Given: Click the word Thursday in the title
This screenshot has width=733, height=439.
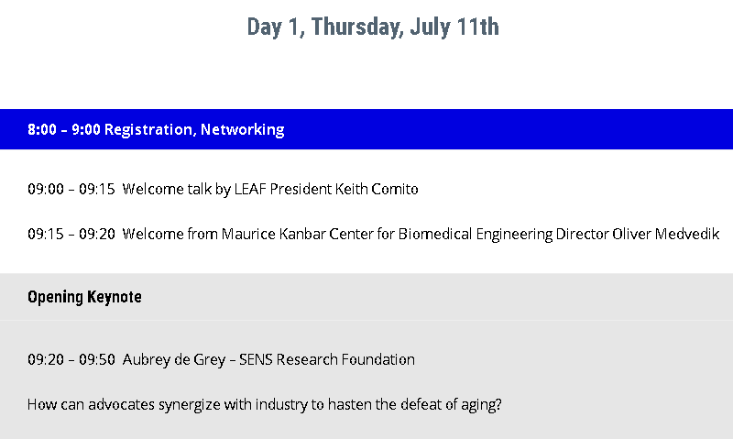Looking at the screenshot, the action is coord(357,27).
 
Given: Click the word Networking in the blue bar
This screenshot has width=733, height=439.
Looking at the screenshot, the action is coord(242,130).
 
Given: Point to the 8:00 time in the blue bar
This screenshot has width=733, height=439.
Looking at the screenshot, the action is coord(42,129).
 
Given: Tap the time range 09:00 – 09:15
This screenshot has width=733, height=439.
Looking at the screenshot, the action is coord(71,189).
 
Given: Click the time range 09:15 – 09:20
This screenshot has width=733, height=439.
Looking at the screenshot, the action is coord(71,234).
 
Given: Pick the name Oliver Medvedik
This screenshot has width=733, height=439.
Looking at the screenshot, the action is coord(666,234).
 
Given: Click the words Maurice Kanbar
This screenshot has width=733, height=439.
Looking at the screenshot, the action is coord(273,234).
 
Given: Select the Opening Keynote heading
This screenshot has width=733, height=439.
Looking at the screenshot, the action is coord(84,297).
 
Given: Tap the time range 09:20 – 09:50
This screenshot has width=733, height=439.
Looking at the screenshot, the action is coord(71,359).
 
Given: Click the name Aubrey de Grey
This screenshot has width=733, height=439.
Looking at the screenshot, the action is coord(174,360).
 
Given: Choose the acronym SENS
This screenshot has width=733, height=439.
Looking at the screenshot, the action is coord(256,359).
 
